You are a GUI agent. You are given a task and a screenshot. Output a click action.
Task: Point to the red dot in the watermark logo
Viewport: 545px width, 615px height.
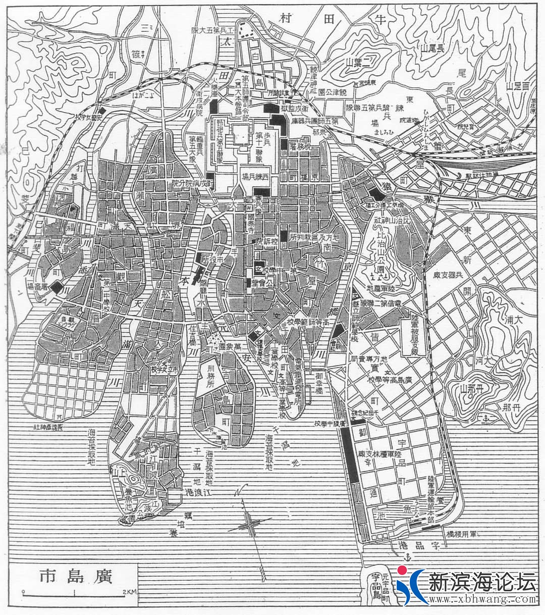pyautogui.click(x=402, y=571)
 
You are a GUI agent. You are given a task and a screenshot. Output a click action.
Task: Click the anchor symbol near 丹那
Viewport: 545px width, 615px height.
pyautogui.click(x=486, y=418)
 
